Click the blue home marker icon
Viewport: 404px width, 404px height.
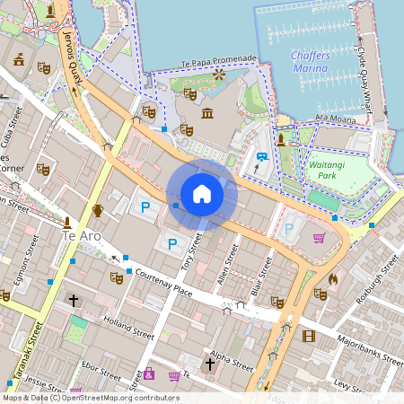202,194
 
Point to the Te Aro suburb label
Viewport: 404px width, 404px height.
82,235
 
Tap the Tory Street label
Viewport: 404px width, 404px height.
189,257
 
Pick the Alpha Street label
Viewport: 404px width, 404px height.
233,358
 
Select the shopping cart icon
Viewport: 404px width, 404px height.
319,237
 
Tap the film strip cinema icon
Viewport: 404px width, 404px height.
309,337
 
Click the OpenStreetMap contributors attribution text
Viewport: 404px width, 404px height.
90,398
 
